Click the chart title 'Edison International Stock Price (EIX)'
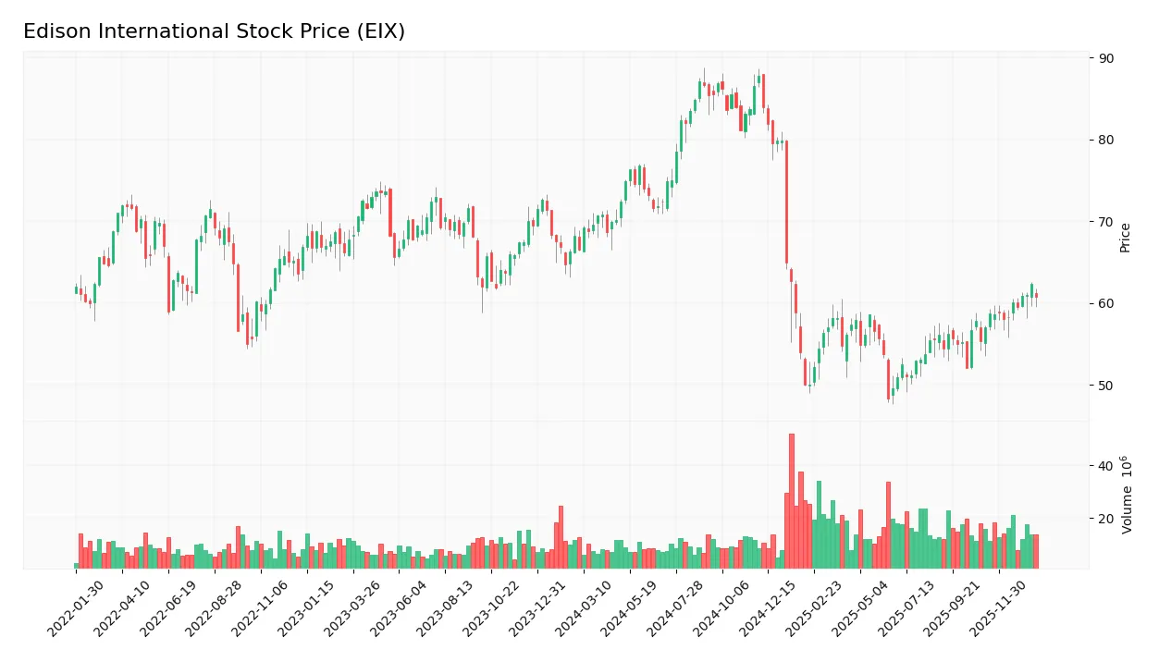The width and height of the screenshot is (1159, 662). pyautogui.click(x=214, y=31)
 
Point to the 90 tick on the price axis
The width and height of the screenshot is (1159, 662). pyautogui.click(x=1106, y=58)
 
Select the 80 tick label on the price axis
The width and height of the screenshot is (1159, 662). pyautogui.click(x=1106, y=141)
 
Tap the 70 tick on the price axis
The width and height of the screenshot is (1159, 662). pyautogui.click(x=1106, y=222)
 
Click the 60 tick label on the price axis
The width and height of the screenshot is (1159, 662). pyautogui.click(x=1106, y=303)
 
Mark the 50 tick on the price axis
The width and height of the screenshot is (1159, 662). pyautogui.click(x=1106, y=386)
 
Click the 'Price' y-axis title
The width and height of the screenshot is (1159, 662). pyautogui.click(x=1125, y=238)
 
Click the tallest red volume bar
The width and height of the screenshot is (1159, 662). pyautogui.click(x=791, y=501)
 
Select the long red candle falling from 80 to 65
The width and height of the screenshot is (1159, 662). pyautogui.click(x=786, y=202)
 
